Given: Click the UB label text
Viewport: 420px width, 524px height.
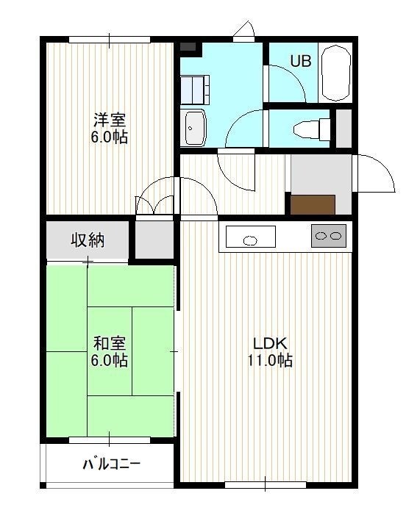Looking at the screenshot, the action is [x=301, y=61].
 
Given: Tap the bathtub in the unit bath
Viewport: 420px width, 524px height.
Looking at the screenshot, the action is [x=335, y=73].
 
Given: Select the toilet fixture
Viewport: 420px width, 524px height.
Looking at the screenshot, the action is [x=312, y=129].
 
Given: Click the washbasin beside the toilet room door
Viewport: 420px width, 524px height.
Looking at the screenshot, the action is [x=195, y=128].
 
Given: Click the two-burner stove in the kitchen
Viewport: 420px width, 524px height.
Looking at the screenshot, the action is [x=328, y=236].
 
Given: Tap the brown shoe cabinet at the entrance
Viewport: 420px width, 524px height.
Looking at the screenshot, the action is [x=313, y=204].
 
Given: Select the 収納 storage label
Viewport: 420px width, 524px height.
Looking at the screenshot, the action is [x=88, y=240].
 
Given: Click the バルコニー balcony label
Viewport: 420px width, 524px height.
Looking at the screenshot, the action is [x=111, y=464].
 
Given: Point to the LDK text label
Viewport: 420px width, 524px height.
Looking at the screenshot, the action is [x=270, y=343].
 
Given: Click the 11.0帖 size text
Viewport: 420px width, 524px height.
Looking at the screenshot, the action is [x=270, y=360].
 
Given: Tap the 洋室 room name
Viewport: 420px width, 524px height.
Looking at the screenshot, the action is [x=110, y=120].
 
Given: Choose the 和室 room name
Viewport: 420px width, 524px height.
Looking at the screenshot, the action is [x=110, y=343].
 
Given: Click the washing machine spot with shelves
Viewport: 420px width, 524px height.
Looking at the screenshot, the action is [x=195, y=90].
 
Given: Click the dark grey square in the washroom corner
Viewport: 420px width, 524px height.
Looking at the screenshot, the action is [x=188, y=46].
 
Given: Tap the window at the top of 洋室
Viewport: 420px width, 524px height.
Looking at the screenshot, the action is [x=110, y=40].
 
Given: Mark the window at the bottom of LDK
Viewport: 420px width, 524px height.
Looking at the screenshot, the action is [x=266, y=484].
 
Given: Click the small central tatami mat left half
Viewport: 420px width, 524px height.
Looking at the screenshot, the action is [x=110, y=351].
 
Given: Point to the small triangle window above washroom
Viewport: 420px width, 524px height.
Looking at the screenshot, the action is [x=244, y=30].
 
